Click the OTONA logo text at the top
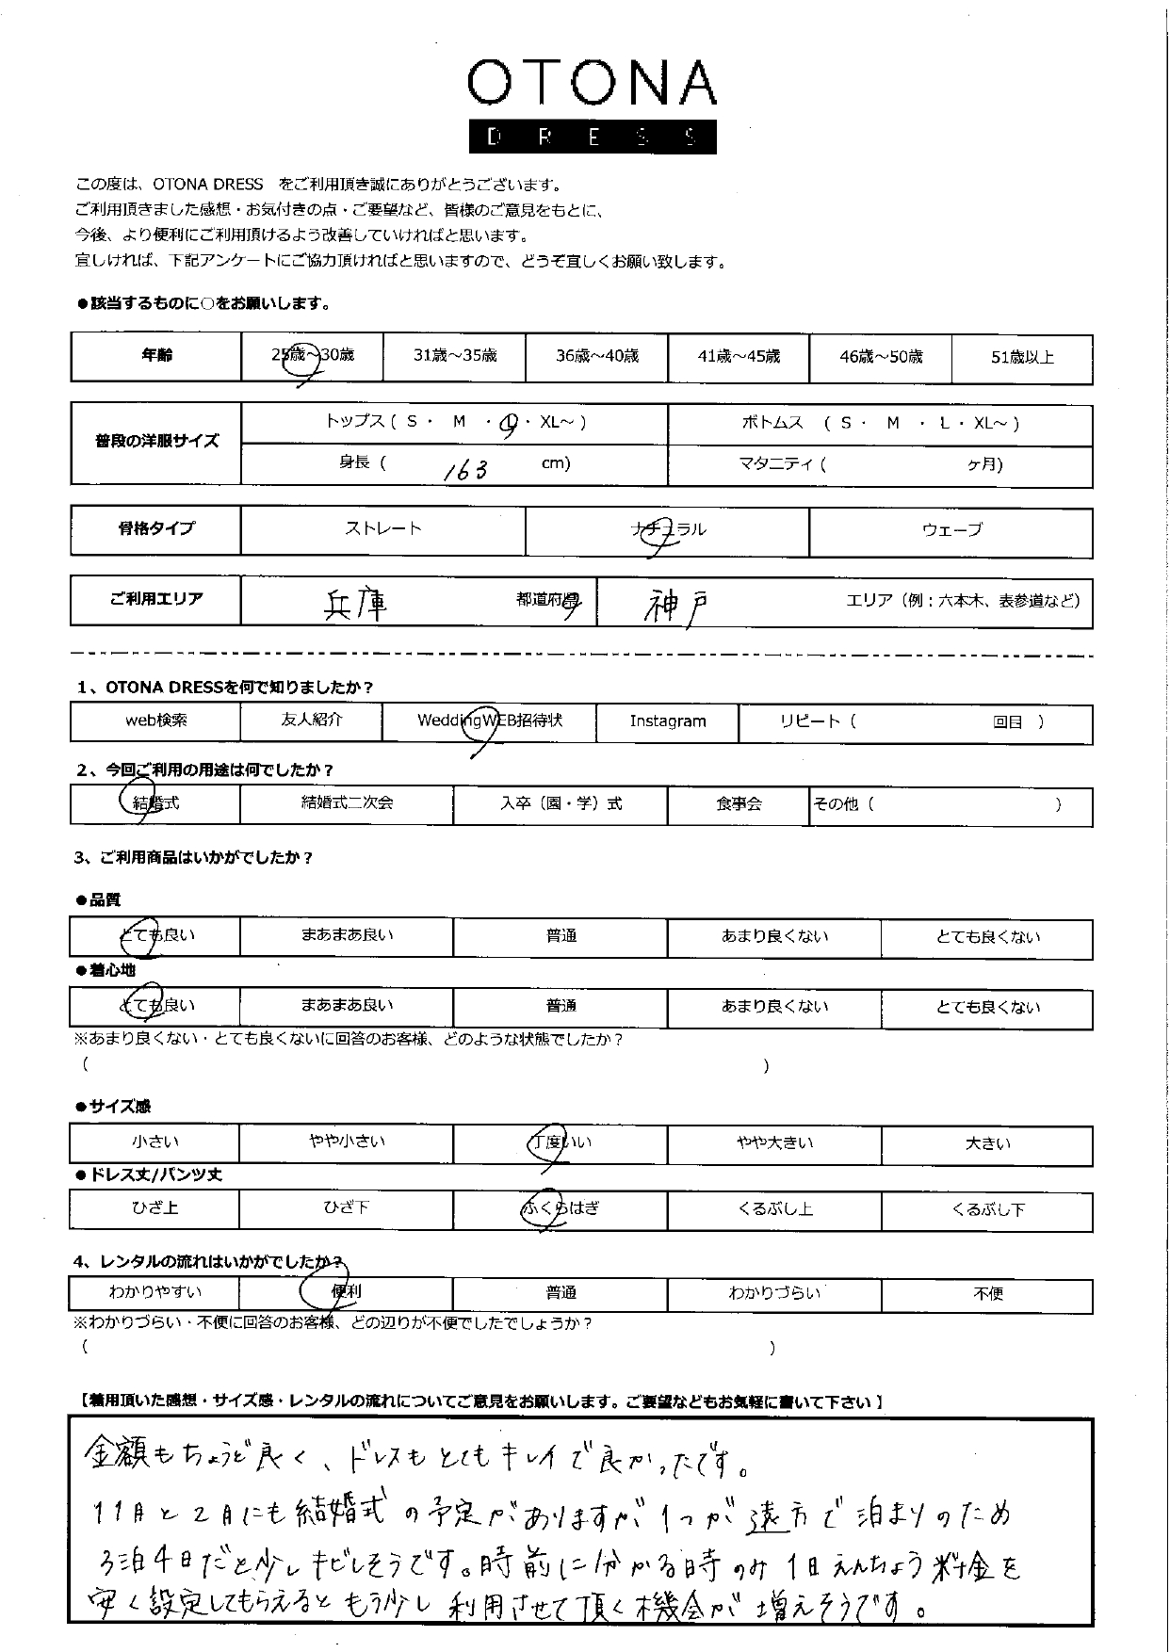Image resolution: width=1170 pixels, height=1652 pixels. coord(592,84)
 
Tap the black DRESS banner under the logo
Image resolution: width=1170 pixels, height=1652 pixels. coord(592,138)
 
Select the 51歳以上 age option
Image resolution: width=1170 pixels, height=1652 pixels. coord(1022,357)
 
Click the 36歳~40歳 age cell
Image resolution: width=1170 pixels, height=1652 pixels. coord(596,356)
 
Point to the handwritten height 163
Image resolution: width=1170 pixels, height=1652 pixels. coord(465,468)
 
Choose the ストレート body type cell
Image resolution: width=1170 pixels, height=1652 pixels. coord(382,529)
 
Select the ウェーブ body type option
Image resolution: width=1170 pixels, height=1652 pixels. coord(951,530)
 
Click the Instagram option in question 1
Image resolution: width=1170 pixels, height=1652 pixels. coord(667,721)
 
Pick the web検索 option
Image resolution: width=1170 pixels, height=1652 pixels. coord(156,721)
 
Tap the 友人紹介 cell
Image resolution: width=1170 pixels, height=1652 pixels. coord(311,720)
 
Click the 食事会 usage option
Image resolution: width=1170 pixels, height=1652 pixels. coord(738,804)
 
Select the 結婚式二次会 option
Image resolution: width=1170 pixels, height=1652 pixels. coord(346,803)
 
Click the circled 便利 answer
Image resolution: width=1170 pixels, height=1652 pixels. coord(345,1292)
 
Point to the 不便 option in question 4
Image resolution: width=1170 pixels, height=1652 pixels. coord(987,1294)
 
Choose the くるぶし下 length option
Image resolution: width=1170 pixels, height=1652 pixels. coord(987,1209)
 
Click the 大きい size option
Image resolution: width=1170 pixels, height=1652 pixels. coord(987,1143)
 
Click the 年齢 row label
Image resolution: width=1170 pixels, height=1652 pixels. coord(156,355)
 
